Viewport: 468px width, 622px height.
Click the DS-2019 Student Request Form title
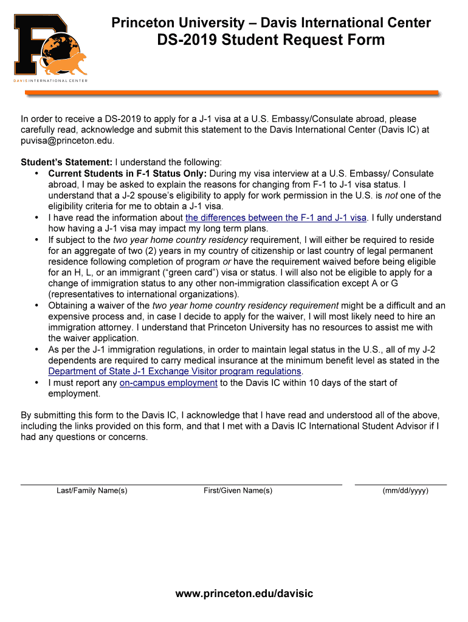pos(271,40)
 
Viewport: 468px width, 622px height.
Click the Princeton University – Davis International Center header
pos(271,23)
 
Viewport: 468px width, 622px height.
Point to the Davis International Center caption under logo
pos(51,81)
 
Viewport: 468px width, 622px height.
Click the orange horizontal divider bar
pos(231,93)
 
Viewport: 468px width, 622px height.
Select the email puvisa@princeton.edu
pos(67,140)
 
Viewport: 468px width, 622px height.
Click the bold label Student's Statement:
pos(66,162)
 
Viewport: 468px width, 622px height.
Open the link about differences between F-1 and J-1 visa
pos(276,217)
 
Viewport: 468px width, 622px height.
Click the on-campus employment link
pos(168,383)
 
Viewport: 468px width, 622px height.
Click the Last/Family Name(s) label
pos(92,491)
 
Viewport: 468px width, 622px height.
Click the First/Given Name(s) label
pos(238,491)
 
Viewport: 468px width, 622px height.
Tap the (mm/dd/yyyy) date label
pos(405,491)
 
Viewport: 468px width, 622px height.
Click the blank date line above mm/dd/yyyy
pos(401,484)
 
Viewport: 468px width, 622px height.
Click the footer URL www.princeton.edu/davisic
pos(244,593)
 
